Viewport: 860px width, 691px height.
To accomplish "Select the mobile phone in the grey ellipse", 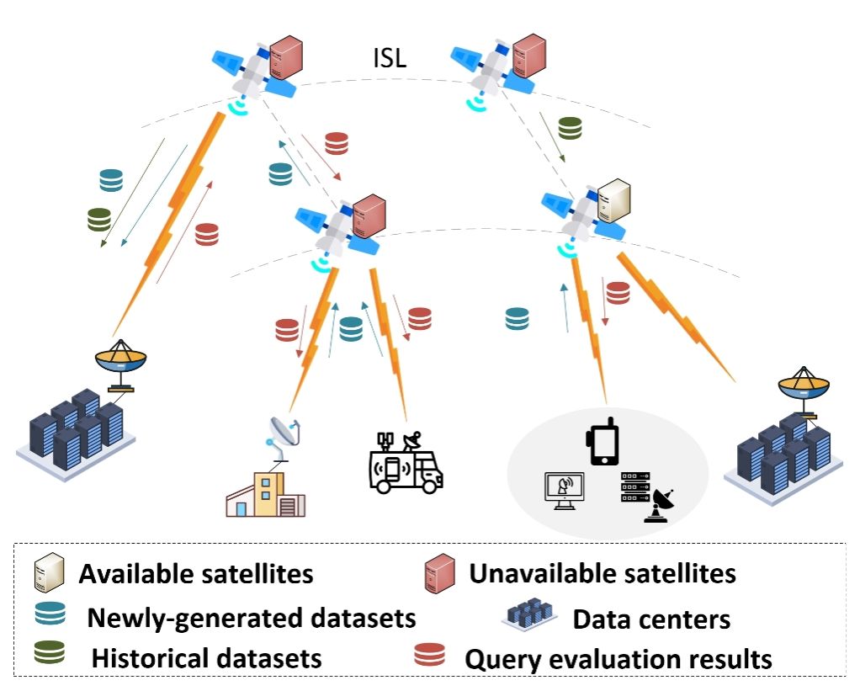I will coord(603,443).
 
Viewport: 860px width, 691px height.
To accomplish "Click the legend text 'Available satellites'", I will coord(196,575).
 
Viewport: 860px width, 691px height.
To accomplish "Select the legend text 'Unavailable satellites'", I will coord(603,574).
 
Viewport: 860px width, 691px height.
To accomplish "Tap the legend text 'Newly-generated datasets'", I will coord(252,618).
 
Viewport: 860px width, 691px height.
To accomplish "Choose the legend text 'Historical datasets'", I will coord(206,657).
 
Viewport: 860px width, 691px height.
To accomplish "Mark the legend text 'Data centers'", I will coord(651,620).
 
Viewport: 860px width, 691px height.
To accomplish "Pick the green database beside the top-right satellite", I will coord(571,128).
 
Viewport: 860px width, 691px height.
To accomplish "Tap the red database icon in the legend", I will coord(430,655).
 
